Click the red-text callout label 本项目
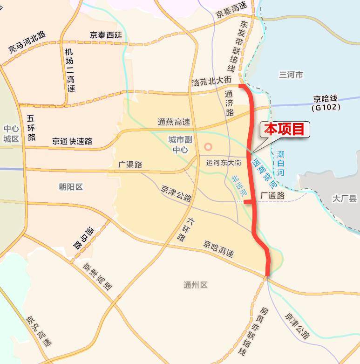[284, 130]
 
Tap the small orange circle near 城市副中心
[208, 146]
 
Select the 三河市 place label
[291, 75]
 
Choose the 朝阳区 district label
[71, 187]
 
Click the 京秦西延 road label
[106, 35]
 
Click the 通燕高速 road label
[174, 122]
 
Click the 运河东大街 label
[224, 163]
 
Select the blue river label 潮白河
[281, 163]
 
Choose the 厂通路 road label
[272, 196]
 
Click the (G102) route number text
[326, 107]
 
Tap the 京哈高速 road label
[218, 248]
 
